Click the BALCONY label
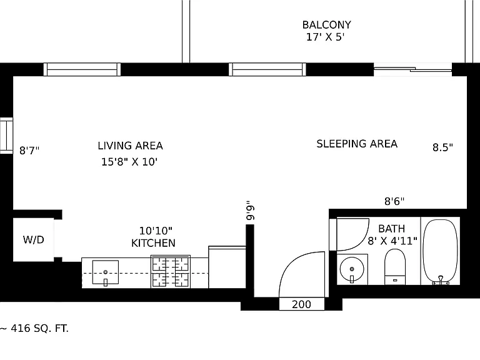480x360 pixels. click(327, 25)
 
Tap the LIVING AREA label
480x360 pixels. click(130, 146)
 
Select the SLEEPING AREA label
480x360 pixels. click(357, 144)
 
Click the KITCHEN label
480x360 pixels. click(153, 243)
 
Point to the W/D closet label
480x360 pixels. click(33, 240)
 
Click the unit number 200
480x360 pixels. click(301, 304)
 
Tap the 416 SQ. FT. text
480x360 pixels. click(39, 329)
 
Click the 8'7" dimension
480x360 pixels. click(29, 151)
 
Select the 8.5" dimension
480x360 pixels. click(442, 147)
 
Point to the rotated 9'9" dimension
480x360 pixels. click(250, 211)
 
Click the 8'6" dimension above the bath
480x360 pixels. click(394, 201)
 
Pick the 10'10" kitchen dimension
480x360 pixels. click(156, 231)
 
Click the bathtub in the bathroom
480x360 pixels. click(440, 252)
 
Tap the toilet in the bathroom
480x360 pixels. click(395, 267)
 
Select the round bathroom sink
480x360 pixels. click(352, 269)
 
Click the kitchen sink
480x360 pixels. click(106, 272)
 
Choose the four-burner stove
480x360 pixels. click(171, 271)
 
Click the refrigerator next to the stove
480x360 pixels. click(227, 267)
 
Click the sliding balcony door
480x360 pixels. click(412, 69)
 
